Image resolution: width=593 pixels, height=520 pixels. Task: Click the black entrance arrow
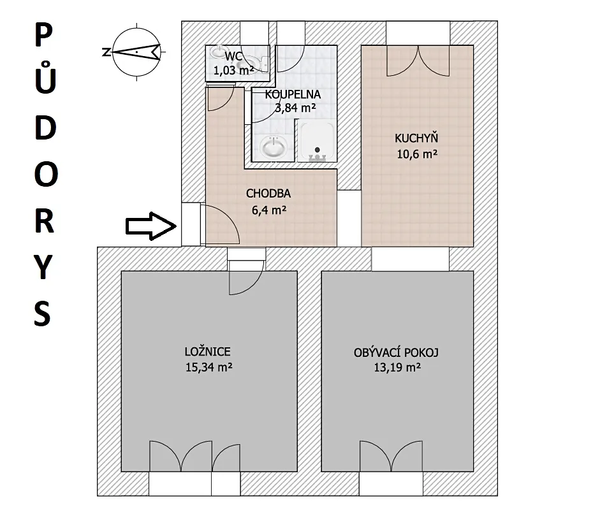[x=151, y=226]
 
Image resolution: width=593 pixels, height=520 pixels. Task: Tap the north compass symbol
[x=136, y=52]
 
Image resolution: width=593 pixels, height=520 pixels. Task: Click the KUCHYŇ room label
[x=416, y=138]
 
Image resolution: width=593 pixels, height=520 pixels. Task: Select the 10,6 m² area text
[x=417, y=154]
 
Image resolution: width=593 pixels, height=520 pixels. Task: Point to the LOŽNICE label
[x=208, y=352]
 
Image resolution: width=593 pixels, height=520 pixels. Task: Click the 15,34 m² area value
[x=209, y=367]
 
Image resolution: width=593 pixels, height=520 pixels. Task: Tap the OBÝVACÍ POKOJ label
[x=396, y=352]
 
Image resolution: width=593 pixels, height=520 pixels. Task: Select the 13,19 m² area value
[x=397, y=367]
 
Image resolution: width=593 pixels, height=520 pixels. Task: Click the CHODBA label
[x=268, y=194]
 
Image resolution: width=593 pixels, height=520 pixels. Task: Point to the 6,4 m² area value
[x=269, y=210]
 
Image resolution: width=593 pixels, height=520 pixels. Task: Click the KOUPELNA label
[x=293, y=94]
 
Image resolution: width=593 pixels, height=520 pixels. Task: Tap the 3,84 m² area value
[x=295, y=108]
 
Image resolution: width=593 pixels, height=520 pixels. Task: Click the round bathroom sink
[x=273, y=147]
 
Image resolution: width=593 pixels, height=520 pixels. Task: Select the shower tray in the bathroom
[x=317, y=141]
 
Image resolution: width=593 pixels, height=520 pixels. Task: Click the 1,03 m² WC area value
[x=233, y=70]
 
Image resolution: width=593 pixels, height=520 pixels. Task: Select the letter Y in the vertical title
[x=44, y=266]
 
